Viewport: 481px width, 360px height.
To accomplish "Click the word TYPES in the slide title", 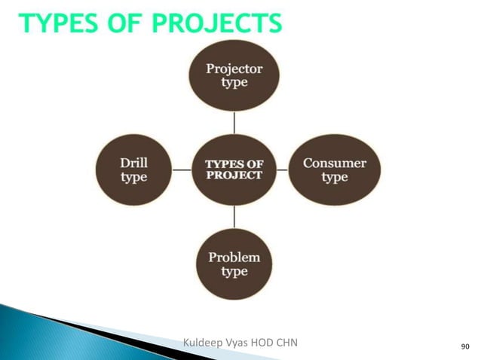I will pyautogui.click(x=61, y=25).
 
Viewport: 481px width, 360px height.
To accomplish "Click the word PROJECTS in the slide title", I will pyautogui.click(x=219, y=25).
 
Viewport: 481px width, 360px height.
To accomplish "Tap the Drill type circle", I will pyautogui.click(x=134, y=169).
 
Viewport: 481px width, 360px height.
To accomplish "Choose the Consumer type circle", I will pyautogui.click(x=334, y=169).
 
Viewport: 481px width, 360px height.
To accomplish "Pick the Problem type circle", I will pyautogui.click(x=234, y=264).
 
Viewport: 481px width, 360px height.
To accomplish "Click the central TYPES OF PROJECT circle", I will pyautogui.click(x=234, y=169).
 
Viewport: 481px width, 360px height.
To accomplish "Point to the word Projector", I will pyautogui.click(x=234, y=68).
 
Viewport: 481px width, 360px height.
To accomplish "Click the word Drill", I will pyautogui.click(x=134, y=163).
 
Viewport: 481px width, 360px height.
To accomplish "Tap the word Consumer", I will pyautogui.click(x=334, y=163).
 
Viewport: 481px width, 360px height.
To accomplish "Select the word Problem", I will pyautogui.click(x=234, y=258).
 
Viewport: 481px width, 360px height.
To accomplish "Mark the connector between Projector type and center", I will pyautogui.click(x=234, y=122).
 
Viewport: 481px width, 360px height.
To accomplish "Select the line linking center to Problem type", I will pyautogui.click(x=234, y=218).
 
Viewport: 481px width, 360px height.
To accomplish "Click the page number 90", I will pyautogui.click(x=464, y=346).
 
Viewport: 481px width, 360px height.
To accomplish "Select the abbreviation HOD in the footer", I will pyautogui.click(x=265, y=343).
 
